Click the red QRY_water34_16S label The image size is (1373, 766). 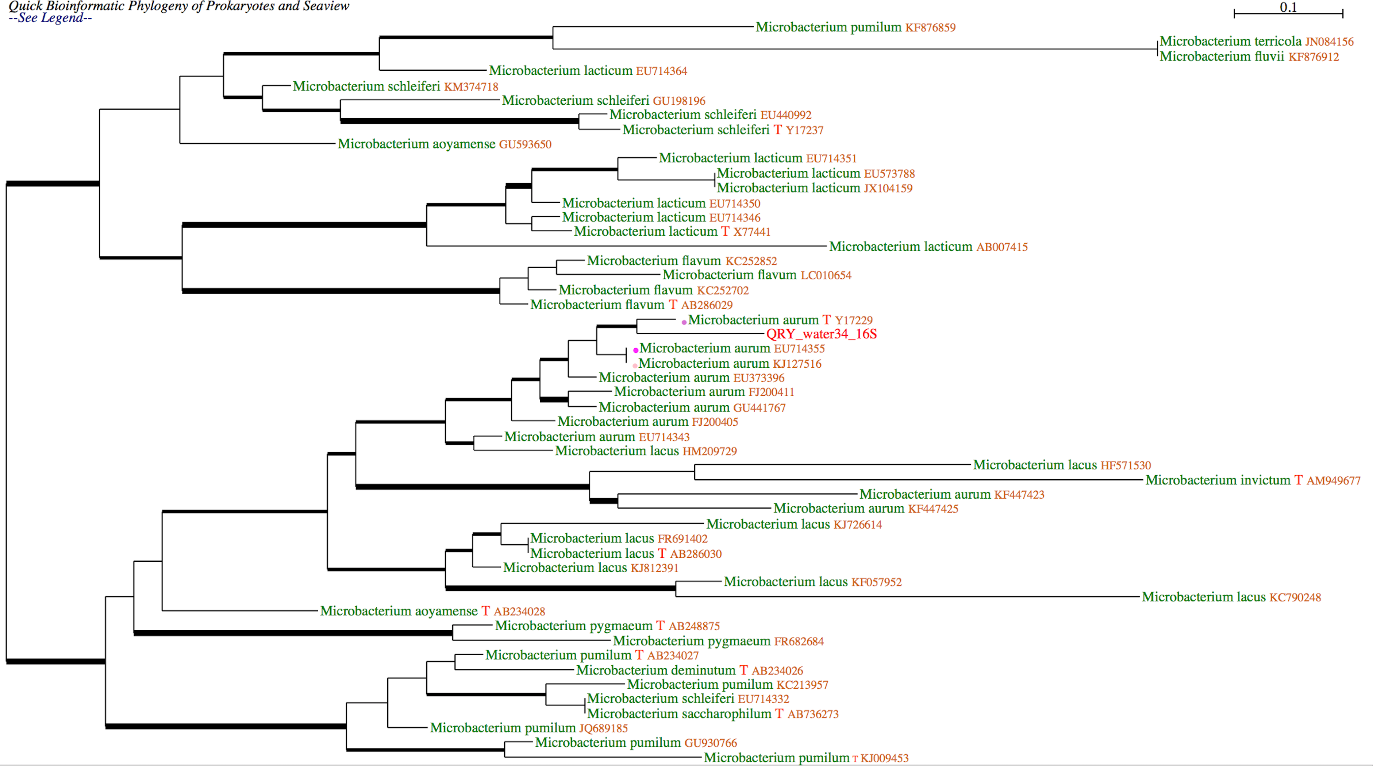821,334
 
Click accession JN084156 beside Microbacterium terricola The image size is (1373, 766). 1329,42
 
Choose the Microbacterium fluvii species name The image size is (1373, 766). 1222,57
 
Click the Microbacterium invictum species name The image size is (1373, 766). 1218,480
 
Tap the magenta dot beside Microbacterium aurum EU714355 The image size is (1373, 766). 635,350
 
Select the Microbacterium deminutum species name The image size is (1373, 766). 655,670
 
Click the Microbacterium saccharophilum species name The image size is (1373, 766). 679,714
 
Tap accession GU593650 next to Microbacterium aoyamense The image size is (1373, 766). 525,144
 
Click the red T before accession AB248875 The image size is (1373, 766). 660,626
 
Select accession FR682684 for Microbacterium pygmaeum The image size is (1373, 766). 799,641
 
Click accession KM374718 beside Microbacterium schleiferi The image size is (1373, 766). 471,87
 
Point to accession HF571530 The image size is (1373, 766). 1126,465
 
